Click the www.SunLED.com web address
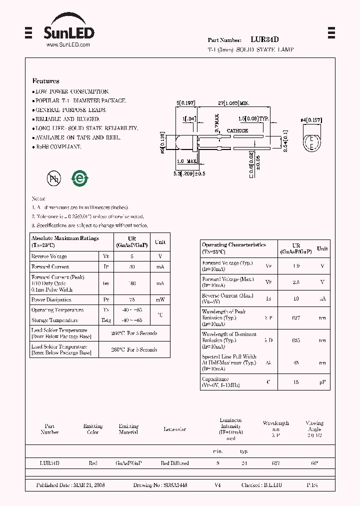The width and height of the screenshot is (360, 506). pyautogui.click(x=68, y=45)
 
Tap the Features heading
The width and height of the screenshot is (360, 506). pyautogui.click(x=45, y=81)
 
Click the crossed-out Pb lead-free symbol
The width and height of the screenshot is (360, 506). pyautogui.click(x=53, y=178)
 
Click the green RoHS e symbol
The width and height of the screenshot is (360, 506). pyautogui.click(x=79, y=178)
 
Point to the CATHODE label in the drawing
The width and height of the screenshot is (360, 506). pyautogui.click(x=237, y=130)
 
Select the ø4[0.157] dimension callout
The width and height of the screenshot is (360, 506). pyautogui.click(x=311, y=120)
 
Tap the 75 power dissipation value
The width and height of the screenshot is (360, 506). pyautogui.click(x=132, y=300)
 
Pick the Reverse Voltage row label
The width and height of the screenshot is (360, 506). pyautogui.click(x=49, y=256)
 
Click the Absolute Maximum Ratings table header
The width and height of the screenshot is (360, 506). pyautogui.click(x=65, y=241)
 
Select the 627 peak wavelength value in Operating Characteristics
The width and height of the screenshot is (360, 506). pyautogui.click(x=296, y=317)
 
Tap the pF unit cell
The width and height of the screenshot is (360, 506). pyautogui.click(x=322, y=382)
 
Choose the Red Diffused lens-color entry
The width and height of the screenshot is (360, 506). pyautogui.click(x=174, y=463)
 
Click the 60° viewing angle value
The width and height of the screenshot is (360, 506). pyautogui.click(x=314, y=463)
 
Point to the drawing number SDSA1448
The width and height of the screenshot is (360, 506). pyautogui.click(x=174, y=485)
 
